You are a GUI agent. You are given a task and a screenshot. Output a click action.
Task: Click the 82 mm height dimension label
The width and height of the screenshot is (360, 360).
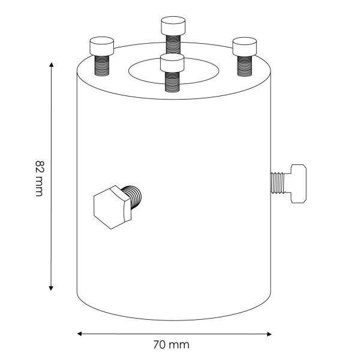tap(39, 179)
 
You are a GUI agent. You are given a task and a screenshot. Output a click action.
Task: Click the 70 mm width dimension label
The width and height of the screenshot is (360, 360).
tap(171, 345)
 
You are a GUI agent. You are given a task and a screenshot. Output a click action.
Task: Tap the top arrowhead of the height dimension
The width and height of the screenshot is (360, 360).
tap(51, 64)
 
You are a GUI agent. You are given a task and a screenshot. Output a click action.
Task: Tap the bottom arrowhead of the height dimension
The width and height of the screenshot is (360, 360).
tap(51, 289)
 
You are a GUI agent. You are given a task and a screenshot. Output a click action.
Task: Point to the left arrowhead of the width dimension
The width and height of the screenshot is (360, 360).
tap(79, 334)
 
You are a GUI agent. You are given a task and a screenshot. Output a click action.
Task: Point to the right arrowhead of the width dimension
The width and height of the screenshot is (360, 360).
tap(269, 334)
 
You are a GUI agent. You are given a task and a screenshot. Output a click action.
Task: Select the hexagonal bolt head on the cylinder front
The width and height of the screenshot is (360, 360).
tap(112, 208)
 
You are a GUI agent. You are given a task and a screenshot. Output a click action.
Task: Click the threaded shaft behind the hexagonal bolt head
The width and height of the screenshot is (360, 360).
tap(134, 196)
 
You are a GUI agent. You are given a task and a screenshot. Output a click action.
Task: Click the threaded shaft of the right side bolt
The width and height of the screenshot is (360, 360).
tap(278, 183)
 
